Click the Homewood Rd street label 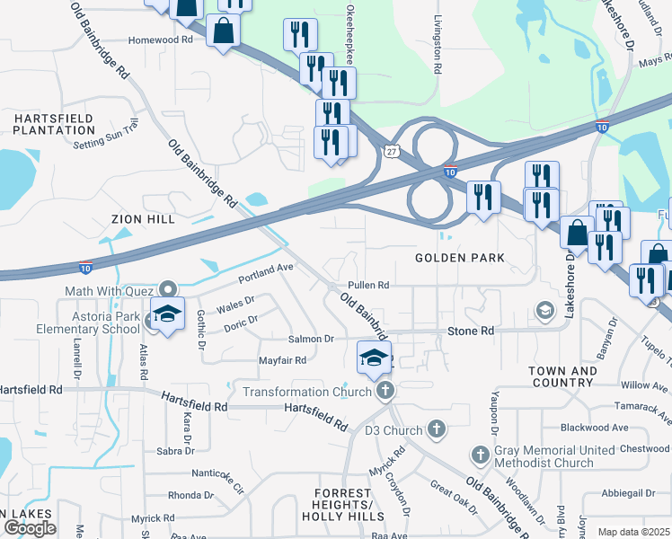(x=161, y=40)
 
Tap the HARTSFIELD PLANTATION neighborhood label (x=54, y=124)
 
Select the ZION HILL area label (x=143, y=218)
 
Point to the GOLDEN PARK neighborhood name (x=459, y=258)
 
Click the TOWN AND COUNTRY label (x=562, y=376)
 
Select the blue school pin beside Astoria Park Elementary (x=167, y=314)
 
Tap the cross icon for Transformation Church (x=385, y=390)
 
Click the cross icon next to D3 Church (x=437, y=429)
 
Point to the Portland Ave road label (x=266, y=269)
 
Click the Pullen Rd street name (x=368, y=285)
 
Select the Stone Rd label (x=471, y=331)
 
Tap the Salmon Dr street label (x=311, y=339)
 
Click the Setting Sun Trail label (x=107, y=137)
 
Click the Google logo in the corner (x=30, y=528)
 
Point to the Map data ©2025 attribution (x=633, y=532)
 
